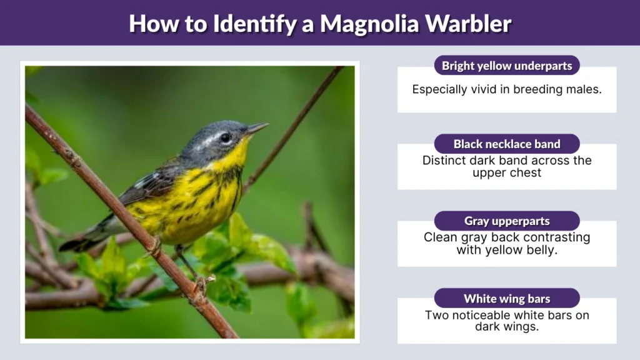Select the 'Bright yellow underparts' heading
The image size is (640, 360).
coord(507,66)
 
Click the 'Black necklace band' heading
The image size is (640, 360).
coord(507,144)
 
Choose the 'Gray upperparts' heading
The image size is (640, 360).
coord(507,221)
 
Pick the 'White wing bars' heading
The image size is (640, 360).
coord(507,298)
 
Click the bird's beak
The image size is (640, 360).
coord(256,128)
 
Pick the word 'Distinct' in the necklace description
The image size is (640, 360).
coord(444,161)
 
